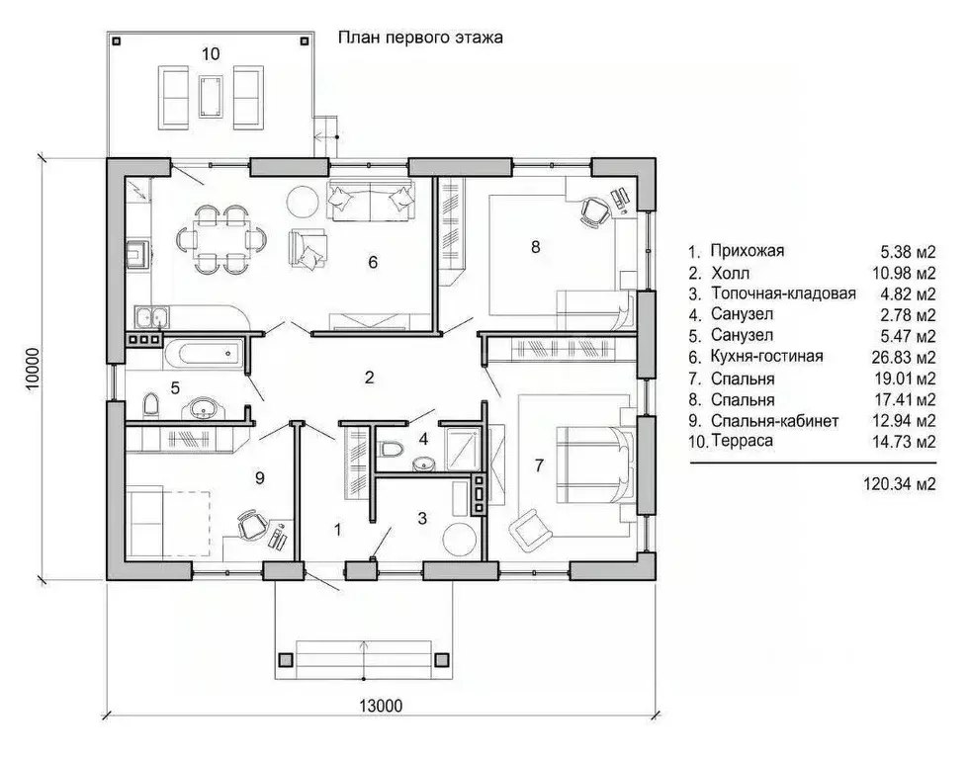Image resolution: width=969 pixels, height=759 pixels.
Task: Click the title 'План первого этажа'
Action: pos(420,38)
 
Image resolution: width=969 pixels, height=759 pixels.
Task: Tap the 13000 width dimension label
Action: pos(381,706)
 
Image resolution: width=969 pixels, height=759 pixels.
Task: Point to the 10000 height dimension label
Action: pos(32,369)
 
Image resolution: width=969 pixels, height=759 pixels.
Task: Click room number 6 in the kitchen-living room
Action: pos(373,263)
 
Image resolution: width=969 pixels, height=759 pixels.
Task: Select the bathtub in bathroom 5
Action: pos(205,355)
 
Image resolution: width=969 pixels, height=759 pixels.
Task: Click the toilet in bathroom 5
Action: pos(150,406)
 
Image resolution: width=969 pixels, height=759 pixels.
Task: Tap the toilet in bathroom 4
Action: pos(390,447)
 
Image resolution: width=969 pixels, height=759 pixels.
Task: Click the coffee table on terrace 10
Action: pos(210,96)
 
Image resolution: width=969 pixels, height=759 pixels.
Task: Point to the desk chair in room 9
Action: pos(251,525)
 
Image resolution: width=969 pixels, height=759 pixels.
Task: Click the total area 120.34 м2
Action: pos(900,483)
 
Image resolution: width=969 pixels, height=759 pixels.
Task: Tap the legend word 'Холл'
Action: pos(730,273)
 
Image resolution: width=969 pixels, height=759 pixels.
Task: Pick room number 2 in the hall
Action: pos(370,378)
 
